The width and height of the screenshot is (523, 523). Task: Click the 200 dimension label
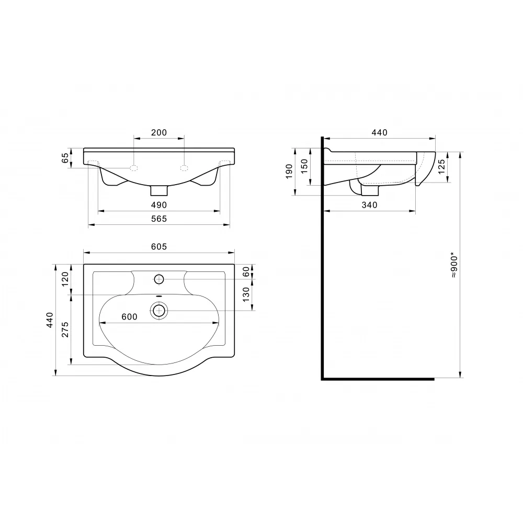159,132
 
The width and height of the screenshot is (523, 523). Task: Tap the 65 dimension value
65,158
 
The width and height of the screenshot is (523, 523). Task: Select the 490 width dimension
159,205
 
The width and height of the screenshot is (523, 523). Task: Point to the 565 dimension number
159,219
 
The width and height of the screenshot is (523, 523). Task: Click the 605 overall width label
159,246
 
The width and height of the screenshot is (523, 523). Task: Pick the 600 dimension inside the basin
129,316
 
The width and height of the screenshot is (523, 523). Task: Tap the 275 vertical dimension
65,329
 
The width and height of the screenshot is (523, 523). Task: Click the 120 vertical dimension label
65,279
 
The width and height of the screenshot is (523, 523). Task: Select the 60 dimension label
246,271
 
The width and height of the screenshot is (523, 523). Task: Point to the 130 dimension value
246,294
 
